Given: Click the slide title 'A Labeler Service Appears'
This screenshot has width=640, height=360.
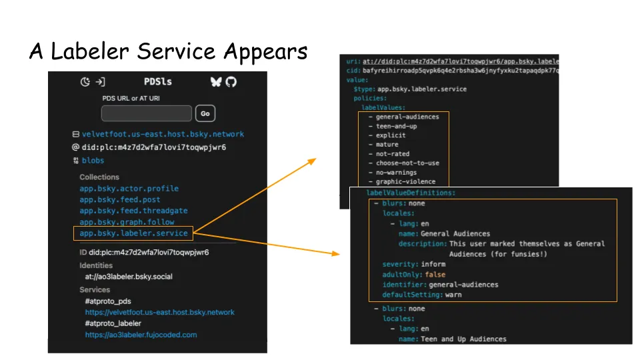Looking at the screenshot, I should (168, 51).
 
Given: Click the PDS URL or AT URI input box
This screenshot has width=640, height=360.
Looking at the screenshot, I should (147, 113).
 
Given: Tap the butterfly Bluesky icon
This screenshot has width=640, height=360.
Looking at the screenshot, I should (216, 81).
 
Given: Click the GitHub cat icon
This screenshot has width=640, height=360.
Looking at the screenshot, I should (231, 81).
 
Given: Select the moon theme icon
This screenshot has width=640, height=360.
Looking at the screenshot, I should (85, 82).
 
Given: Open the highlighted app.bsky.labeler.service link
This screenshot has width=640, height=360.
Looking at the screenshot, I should (133, 233).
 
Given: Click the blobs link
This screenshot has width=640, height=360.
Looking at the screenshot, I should (93, 161).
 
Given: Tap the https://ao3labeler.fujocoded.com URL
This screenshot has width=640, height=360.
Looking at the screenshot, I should (141, 335).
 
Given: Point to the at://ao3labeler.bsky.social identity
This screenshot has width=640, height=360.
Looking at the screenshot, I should (129, 277).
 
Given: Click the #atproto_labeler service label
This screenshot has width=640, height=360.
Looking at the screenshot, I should (113, 323).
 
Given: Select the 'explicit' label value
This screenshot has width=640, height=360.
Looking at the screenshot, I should (391, 135).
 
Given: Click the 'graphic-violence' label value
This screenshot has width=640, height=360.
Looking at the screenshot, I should (405, 181).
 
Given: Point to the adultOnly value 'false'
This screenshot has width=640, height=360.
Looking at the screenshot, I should (435, 274).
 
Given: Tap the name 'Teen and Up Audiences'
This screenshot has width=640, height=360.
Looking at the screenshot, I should (463, 339).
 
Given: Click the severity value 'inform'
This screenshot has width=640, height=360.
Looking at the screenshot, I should (433, 264).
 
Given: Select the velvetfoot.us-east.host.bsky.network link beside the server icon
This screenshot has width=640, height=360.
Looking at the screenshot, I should (163, 134).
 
